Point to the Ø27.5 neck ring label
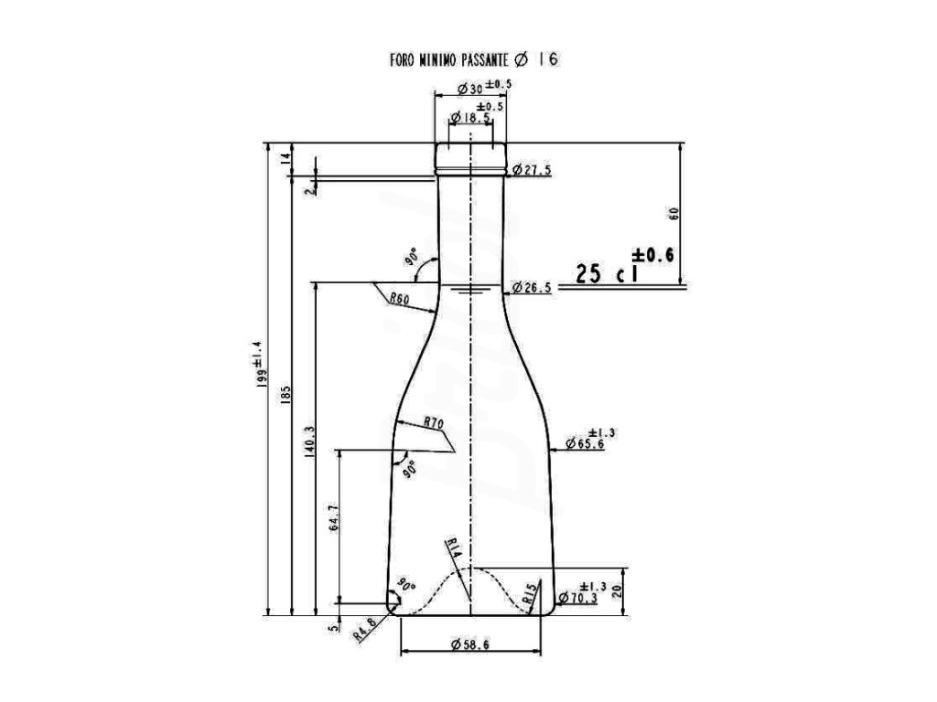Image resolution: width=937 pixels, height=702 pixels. pyautogui.click(x=532, y=170)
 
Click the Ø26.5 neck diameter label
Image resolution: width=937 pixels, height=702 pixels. pyautogui.click(x=532, y=288)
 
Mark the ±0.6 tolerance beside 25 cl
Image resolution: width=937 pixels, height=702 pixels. pyautogui.click(x=652, y=255)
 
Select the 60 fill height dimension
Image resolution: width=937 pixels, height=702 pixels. pyautogui.click(x=674, y=214)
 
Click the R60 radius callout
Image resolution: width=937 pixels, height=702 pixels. pyautogui.click(x=399, y=298)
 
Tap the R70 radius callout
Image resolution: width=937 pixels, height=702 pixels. pyautogui.click(x=434, y=423)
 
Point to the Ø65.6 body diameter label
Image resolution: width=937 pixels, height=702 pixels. pyautogui.click(x=586, y=444)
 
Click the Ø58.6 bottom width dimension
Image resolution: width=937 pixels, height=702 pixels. pyautogui.click(x=470, y=644)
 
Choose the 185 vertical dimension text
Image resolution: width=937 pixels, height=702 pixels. pyautogui.click(x=285, y=395)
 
